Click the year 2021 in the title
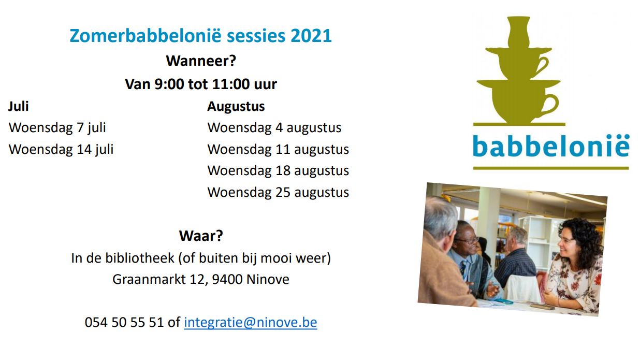[x=311, y=36]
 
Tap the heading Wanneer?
[x=201, y=61]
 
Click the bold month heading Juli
[x=18, y=107]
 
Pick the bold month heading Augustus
[x=236, y=107]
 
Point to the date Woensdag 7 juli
[x=57, y=128]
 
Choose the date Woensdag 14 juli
[x=61, y=149]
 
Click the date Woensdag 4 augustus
[x=274, y=128]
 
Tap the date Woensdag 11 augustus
[x=278, y=149]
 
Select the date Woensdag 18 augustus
[x=278, y=171]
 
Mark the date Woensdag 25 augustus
[x=278, y=192]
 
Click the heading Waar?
[x=201, y=236]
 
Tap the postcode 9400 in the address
[x=227, y=279]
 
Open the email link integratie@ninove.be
[x=250, y=323]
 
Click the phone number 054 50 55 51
[x=124, y=322]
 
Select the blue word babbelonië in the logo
[x=551, y=146]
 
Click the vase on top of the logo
[x=519, y=32]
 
